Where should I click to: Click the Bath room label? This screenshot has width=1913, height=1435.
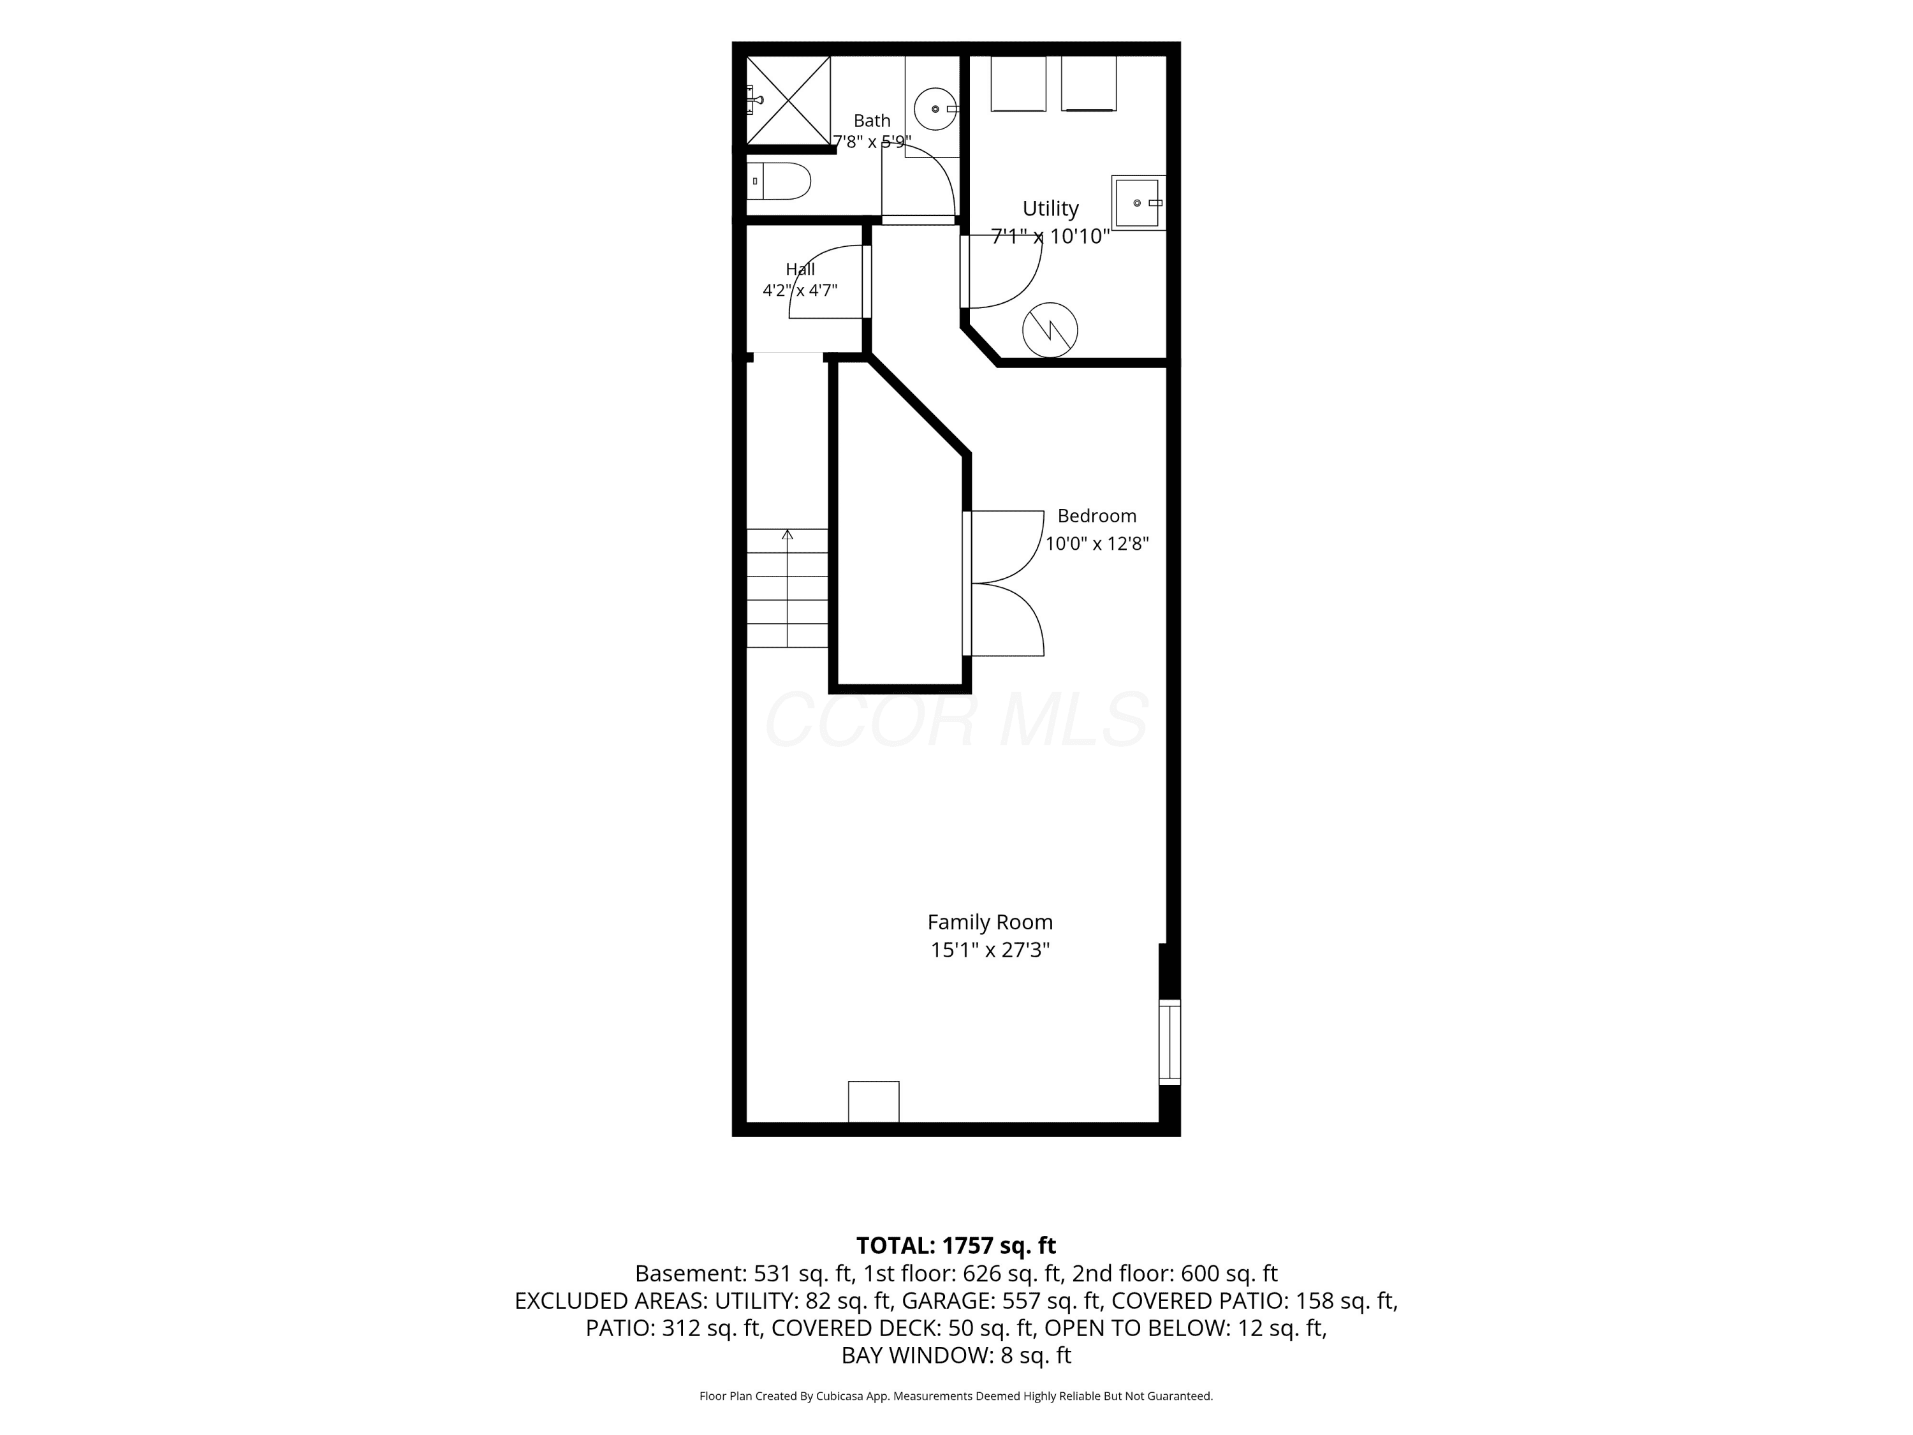[872, 121]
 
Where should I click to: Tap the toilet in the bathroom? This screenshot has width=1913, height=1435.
[779, 180]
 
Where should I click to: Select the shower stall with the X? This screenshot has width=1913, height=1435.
[788, 100]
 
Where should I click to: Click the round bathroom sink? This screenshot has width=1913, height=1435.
[935, 109]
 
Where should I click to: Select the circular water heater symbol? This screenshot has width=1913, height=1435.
[1050, 330]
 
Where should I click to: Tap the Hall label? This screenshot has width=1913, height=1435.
[800, 269]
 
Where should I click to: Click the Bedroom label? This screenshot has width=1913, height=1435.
[1097, 515]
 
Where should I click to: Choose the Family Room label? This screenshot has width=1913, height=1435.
[990, 922]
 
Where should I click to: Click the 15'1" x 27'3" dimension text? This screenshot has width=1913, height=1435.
[990, 950]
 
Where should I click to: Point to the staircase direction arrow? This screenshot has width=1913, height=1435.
[787, 588]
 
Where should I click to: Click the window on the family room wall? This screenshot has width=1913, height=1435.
[1169, 1041]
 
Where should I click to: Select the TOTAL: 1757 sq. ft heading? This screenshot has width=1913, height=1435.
[957, 1246]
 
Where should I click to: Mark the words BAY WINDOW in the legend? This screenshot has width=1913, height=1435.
[916, 1355]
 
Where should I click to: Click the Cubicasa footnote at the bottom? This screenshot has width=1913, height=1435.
[957, 1396]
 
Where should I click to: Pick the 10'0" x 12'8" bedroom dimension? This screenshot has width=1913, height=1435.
[1097, 543]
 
